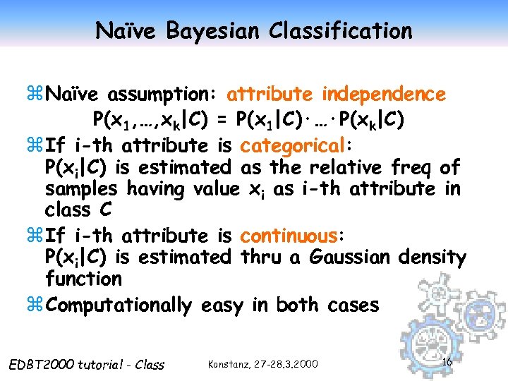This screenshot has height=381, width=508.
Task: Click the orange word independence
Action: [x=384, y=94]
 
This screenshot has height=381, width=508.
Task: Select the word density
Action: [x=431, y=258]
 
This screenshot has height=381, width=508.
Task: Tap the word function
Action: [x=83, y=279]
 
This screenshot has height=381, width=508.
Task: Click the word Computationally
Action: [x=118, y=306]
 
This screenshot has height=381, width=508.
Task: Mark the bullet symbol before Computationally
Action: [x=36, y=306]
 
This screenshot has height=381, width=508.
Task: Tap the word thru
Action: [x=261, y=258]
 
